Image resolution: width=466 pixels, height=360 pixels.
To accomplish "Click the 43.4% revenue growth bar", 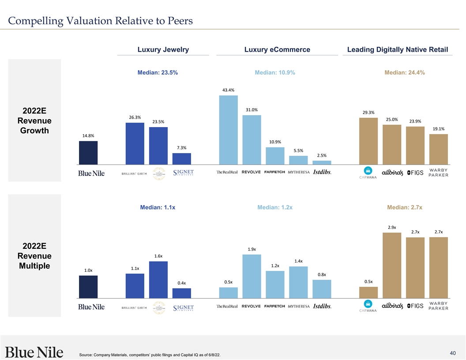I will tap(228, 130).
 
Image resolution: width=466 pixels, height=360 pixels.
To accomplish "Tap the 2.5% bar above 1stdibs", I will tap(322, 162).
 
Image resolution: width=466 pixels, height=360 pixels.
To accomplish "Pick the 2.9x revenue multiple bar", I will tap(391, 266).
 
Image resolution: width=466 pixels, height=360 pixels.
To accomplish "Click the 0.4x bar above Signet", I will tap(181, 293).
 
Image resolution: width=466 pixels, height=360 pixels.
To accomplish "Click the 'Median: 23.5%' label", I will tap(158, 73).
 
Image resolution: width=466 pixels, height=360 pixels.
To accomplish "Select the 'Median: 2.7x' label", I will tap(405, 207).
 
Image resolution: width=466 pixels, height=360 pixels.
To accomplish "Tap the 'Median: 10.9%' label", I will tap(275, 73).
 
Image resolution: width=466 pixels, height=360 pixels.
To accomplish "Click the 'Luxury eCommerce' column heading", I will tap(277, 50).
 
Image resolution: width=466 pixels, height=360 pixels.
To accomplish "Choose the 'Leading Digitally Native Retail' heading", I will tap(398, 50).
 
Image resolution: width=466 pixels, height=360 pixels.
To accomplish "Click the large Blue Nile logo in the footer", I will tap(34, 352).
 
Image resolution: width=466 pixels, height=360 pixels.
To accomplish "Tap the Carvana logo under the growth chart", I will tap(368, 173).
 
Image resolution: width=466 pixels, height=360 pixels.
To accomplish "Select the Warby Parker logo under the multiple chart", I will tap(436, 306).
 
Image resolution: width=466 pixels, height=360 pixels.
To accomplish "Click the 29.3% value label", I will tap(368, 112).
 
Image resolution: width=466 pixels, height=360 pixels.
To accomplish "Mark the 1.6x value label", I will tap(158, 256).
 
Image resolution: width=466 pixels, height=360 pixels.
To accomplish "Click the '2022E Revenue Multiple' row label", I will tap(34, 256).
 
